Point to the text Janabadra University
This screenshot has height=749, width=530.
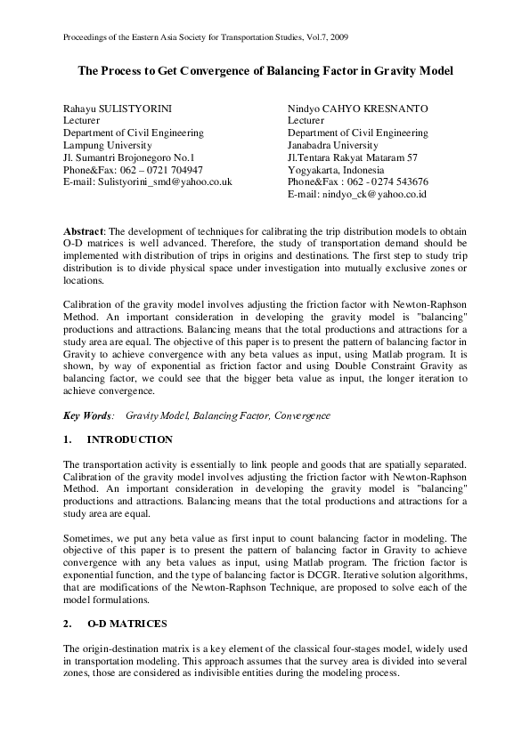332,145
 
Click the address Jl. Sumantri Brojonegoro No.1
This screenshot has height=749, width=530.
135,157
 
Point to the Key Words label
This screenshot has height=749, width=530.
88,415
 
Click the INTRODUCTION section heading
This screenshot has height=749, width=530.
130,439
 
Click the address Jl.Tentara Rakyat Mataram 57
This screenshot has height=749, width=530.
352,157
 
